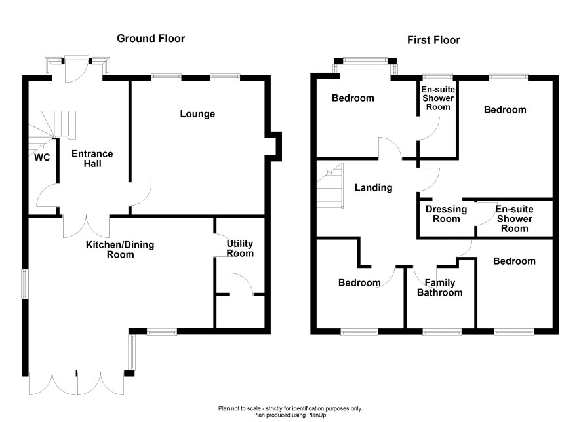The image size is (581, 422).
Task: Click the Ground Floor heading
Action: (151, 39)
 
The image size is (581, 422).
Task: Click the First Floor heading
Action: (433, 40)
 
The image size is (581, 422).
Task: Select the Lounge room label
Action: (197, 114)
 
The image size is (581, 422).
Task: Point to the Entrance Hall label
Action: (92, 159)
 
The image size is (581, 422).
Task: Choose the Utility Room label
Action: (240, 248)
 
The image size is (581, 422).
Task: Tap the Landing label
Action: (373, 188)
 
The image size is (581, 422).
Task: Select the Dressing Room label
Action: (446, 214)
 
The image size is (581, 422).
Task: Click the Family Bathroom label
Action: (439, 288)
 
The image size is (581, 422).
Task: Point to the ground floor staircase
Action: (52, 125)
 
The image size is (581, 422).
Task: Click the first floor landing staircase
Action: (331, 186)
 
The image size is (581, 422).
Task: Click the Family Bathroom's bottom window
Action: (441, 332)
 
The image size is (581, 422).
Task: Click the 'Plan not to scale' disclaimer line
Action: (290, 408)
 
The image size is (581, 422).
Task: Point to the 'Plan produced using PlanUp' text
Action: (290, 415)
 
